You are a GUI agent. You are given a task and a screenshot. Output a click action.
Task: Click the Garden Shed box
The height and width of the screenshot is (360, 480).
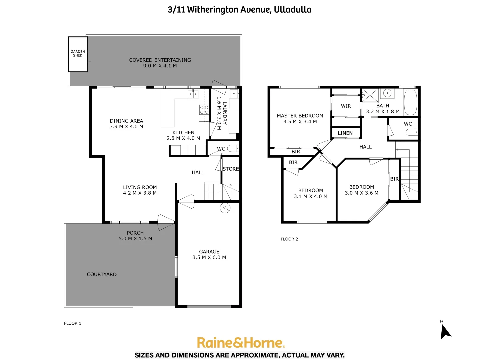pos(78,54)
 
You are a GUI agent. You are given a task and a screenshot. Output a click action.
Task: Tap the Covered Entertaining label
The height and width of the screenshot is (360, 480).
pos(160,60)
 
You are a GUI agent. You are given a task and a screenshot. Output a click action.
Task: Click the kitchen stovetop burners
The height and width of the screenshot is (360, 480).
pos(204,110)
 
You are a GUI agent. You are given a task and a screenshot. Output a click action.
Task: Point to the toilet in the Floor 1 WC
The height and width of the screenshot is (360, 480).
pos(233,148)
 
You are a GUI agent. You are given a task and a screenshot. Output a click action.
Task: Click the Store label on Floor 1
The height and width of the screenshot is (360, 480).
pos(231,169)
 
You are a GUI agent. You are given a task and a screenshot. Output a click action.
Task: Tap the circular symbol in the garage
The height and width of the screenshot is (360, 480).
pos(225,208)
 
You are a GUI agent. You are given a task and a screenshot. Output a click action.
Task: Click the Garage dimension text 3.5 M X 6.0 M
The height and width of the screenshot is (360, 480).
pos(209,257)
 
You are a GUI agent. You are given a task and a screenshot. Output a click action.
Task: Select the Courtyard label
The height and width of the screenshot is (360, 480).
pos(102,274)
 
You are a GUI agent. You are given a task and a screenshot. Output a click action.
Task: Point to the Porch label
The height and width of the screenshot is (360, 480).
pos(135,233)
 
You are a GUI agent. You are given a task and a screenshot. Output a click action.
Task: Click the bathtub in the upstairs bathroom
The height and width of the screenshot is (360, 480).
pos(410,102)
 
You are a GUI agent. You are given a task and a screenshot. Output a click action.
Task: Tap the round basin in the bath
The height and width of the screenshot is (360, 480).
pos(387,93)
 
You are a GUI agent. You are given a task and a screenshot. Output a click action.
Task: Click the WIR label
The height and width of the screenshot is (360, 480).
pos(346,106)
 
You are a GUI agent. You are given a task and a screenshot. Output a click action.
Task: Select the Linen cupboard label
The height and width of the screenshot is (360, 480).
pos(345,133)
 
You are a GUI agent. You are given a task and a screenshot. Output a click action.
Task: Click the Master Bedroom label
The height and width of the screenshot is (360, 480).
pos(300,116)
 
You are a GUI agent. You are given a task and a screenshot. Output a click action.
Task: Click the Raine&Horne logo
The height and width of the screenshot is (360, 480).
pos(240,343)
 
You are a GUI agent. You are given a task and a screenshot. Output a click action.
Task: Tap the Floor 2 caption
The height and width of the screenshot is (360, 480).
pos(289,239)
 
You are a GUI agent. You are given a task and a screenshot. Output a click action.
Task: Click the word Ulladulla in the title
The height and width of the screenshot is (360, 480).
pos(293,10)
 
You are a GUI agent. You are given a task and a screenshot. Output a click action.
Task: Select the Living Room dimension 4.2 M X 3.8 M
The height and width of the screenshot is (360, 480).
pos(140,193)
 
